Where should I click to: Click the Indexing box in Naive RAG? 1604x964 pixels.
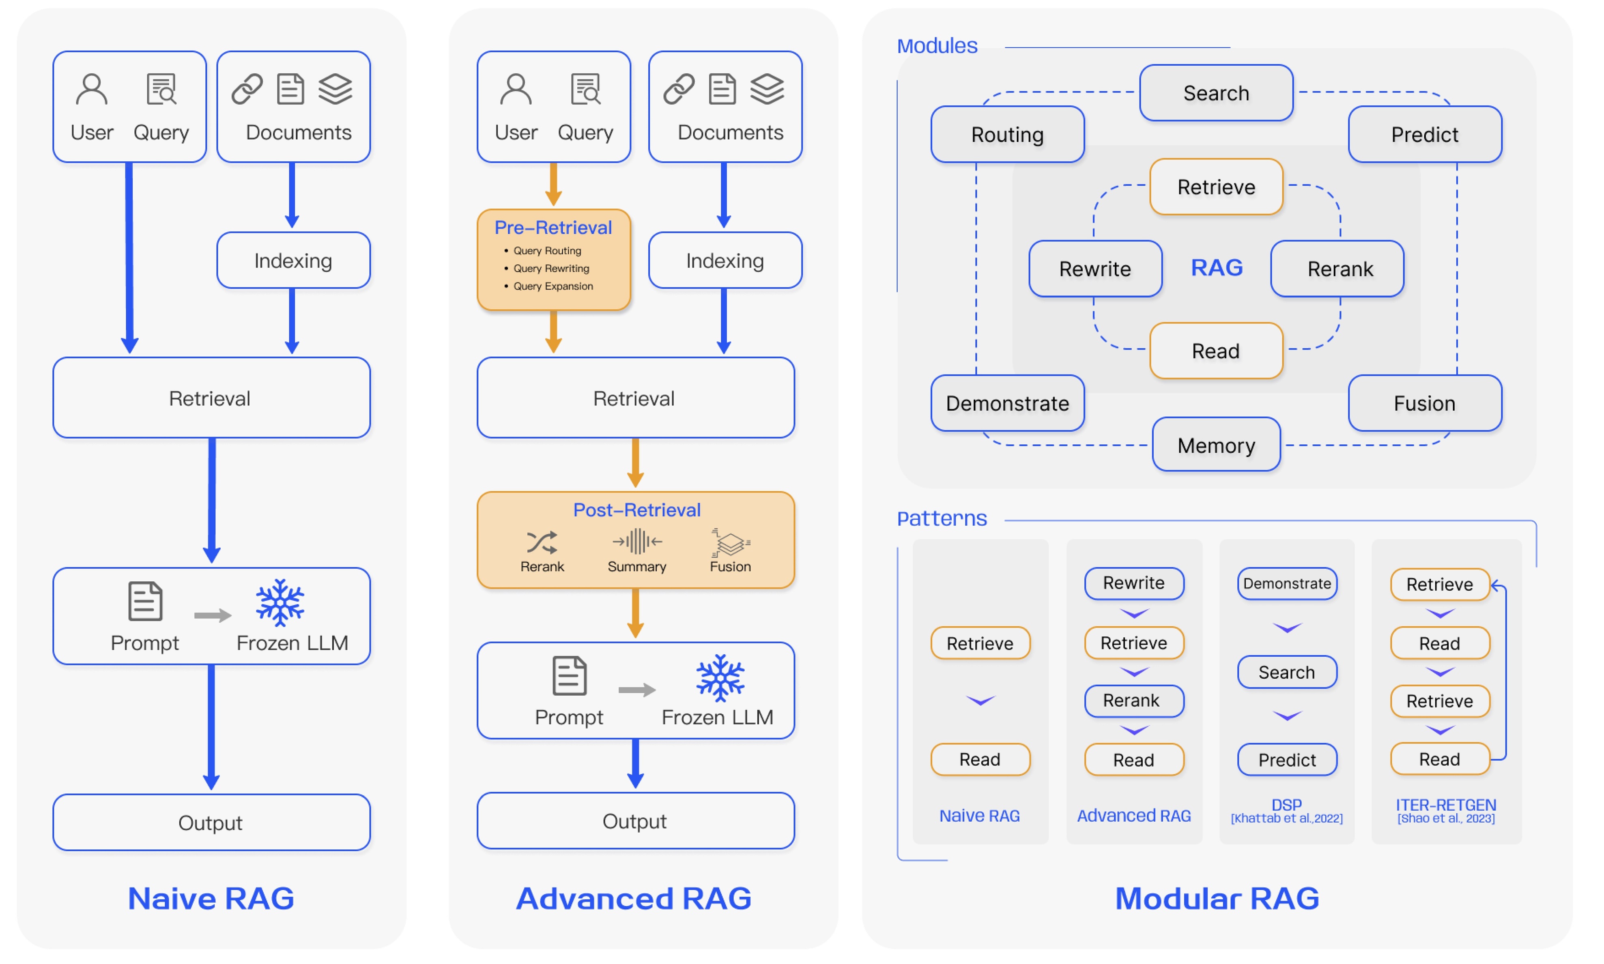pyautogui.click(x=293, y=260)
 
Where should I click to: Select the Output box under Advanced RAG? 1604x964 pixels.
pyautogui.click(x=635, y=820)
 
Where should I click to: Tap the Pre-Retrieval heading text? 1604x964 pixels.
pyautogui.click(x=553, y=227)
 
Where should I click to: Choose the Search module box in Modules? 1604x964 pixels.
pyautogui.click(x=1216, y=93)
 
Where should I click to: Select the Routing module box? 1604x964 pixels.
pyautogui.click(x=1007, y=135)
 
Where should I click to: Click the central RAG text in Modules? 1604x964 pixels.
pyautogui.click(x=1217, y=267)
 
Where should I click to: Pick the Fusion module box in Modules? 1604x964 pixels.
pyautogui.click(x=1425, y=403)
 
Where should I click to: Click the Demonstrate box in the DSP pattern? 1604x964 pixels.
pyautogui.click(x=1287, y=583)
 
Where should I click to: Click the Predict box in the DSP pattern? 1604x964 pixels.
pyautogui.click(x=1287, y=759)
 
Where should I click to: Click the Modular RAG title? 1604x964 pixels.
pyautogui.click(x=1217, y=898)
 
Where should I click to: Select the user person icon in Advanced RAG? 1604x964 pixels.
pyautogui.click(x=516, y=89)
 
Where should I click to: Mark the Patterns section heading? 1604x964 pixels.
pyautogui.click(x=942, y=518)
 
